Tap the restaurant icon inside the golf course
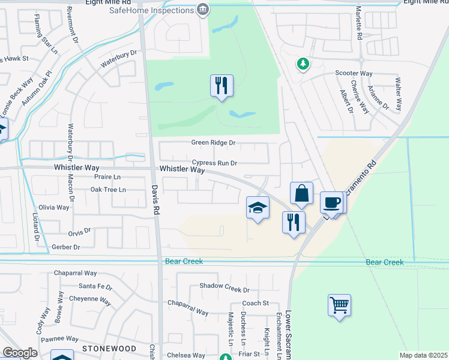point(221,86)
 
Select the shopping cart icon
point(339,305)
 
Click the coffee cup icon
point(333,203)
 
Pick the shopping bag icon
point(301,194)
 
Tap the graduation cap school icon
point(258,208)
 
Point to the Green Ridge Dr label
point(213,143)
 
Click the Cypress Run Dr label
point(215,163)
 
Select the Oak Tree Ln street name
point(108,190)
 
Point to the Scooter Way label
point(354,73)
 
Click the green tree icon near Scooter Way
point(303,63)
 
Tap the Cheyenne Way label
point(91,299)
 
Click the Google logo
point(20,353)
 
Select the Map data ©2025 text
point(423,355)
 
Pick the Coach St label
point(256,304)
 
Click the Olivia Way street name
point(55,207)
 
